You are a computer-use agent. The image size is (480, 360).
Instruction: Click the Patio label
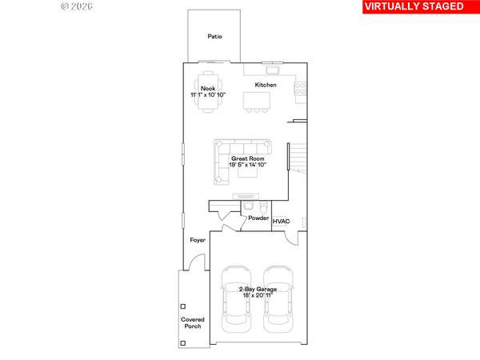[214, 36]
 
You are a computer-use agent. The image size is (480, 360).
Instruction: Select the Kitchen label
[266, 85]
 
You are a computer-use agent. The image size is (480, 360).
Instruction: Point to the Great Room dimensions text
[248, 165]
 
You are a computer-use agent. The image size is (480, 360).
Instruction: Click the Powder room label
[258, 218]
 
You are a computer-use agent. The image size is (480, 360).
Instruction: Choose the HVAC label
[282, 222]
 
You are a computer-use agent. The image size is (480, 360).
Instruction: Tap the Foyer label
[198, 240]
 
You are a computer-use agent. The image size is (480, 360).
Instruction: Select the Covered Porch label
[191, 322]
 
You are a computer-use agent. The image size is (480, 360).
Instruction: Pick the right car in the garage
[279, 298]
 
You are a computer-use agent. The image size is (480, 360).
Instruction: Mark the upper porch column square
[183, 306]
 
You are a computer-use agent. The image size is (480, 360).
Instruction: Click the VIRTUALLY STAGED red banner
[413, 6]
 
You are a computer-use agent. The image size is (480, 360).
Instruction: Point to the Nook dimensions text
[208, 95]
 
